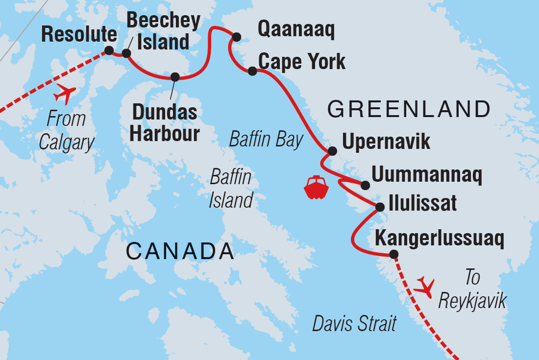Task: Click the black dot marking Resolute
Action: click(x=109, y=50)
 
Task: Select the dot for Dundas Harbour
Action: click(x=175, y=77)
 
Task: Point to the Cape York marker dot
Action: click(x=252, y=71)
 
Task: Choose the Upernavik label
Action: click(x=386, y=142)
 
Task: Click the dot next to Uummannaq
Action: click(x=365, y=185)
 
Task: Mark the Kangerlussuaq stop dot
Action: click(x=393, y=254)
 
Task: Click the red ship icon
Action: click(x=316, y=187)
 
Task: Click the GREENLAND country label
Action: click(x=409, y=109)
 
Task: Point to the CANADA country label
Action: click(x=180, y=251)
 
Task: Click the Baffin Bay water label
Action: click(x=267, y=140)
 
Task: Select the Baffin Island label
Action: click(x=231, y=189)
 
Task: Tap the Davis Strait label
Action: click(x=355, y=324)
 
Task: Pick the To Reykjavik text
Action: click(x=472, y=290)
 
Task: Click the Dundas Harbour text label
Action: click(x=165, y=123)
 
